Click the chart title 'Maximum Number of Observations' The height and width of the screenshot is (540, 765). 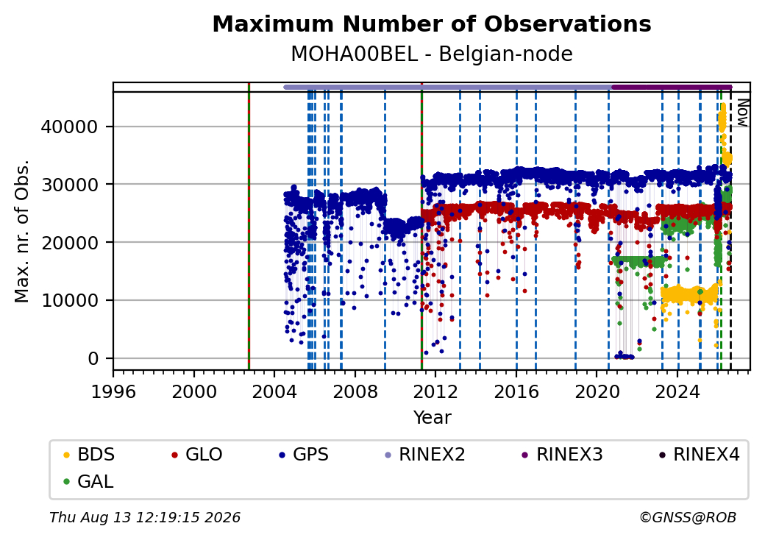point(432,24)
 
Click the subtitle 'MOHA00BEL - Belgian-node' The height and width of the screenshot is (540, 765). point(432,54)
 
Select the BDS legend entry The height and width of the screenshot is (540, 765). point(89,455)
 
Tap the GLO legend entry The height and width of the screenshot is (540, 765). point(197,455)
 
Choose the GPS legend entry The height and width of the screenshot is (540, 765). point(304,455)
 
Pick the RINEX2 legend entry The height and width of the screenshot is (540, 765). point(425,455)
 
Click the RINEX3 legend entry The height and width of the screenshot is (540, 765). point(563,455)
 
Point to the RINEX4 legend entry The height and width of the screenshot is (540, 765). point(699,455)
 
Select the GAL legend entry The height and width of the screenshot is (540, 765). point(89,481)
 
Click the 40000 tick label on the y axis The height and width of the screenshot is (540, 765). point(69,127)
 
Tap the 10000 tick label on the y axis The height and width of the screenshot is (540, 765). point(69,300)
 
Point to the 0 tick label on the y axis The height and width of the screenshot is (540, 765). point(93,358)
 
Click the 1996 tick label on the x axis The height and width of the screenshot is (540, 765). point(114,391)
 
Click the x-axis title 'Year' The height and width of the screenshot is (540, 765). point(433,418)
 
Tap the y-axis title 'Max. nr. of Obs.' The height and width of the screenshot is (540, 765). point(22,231)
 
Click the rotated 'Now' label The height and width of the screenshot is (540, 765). point(742,113)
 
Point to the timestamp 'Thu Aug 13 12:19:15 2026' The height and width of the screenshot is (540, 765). point(145,517)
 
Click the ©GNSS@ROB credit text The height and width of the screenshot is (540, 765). point(688,517)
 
